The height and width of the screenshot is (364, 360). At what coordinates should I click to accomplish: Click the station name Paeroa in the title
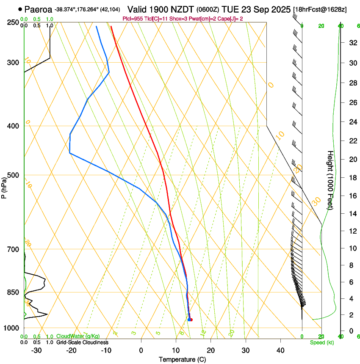(38, 9)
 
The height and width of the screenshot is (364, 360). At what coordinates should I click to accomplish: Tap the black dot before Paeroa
(20, 9)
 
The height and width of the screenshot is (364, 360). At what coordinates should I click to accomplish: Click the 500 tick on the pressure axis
(14, 175)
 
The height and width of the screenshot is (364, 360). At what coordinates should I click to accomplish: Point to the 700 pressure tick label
(14, 249)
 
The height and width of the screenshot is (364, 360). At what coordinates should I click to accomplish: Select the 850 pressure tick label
(14, 292)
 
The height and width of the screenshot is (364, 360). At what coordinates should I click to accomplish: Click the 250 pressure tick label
(14, 22)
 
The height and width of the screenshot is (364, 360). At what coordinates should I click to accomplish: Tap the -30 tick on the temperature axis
(36, 350)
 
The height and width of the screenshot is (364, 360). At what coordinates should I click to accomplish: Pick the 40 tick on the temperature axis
(280, 350)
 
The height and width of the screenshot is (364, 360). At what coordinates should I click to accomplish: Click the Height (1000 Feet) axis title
(330, 180)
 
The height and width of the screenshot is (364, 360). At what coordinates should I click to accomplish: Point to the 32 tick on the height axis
(352, 42)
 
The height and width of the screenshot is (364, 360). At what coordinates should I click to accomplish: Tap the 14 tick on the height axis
(352, 214)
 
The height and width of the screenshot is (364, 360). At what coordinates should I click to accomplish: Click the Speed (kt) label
(322, 342)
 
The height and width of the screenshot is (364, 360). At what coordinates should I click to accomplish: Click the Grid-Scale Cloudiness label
(82, 342)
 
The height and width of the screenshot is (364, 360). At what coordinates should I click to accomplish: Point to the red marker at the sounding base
(191, 320)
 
